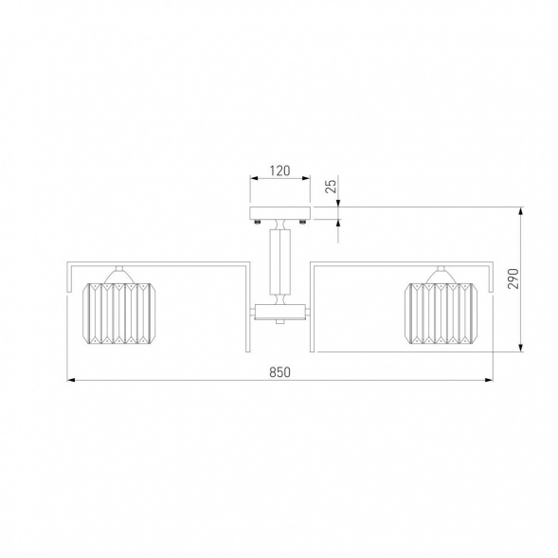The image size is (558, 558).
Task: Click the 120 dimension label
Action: [x=279, y=171]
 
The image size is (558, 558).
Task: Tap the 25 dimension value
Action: [x=331, y=186]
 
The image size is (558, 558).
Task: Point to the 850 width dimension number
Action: [x=279, y=372]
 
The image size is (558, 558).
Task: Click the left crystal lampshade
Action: [x=118, y=314]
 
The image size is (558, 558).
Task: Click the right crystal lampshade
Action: [x=441, y=314]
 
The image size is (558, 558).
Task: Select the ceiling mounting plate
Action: [x=280, y=213]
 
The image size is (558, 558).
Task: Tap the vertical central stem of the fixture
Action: [x=280, y=261]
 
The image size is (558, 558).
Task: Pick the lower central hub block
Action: [x=280, y=312]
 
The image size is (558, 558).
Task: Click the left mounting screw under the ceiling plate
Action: [x=258, y=222]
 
